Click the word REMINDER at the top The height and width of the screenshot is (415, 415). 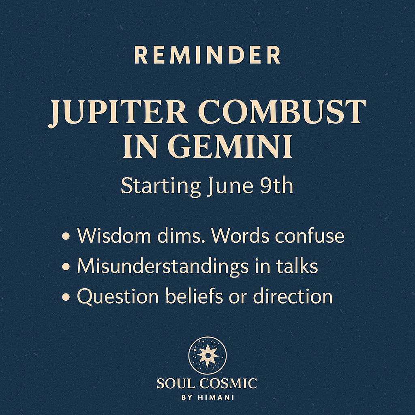(x=207, y=55)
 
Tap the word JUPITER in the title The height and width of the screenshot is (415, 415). (x=118, y=112)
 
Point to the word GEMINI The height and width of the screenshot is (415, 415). (x=230, y=146)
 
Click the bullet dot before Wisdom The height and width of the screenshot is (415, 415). (x=66, y=236)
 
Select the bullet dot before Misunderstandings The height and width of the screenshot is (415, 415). (x=66, y=267)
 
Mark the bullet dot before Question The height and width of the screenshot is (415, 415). (x=66, y=297)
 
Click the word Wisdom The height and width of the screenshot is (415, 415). (x=114, y=235)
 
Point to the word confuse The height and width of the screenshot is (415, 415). (x=310, y=235)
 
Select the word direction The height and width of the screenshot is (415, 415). (x=293, y=296)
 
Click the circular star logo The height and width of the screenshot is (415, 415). (x=207, y=355)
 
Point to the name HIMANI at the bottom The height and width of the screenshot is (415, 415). (x=216, y=398)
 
